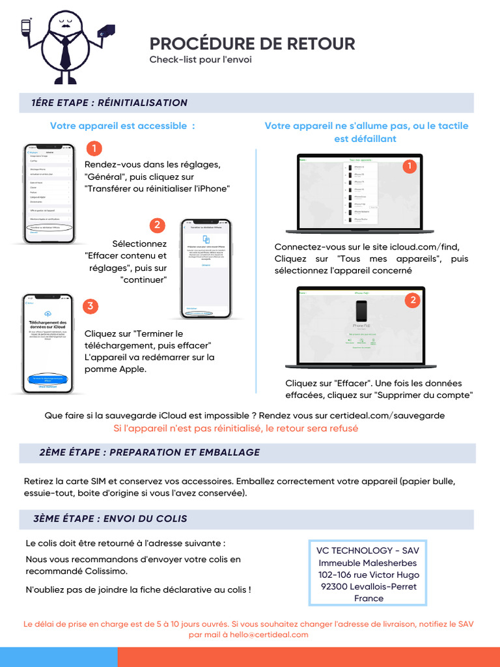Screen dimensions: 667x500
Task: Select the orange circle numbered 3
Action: click(x=91, y=306)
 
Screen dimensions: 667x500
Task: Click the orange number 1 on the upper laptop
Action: click(x=410, y=167)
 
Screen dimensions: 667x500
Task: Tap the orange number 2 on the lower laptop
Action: click(x=411, y=300)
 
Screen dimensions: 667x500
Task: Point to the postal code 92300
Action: click(x=333, y=586)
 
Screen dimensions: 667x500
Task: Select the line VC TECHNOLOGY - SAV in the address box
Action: click(x=368, y=551)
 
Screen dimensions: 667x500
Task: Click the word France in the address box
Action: click(x=368, y=598)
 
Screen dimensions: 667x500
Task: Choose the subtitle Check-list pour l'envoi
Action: click(x=201, y=60)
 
